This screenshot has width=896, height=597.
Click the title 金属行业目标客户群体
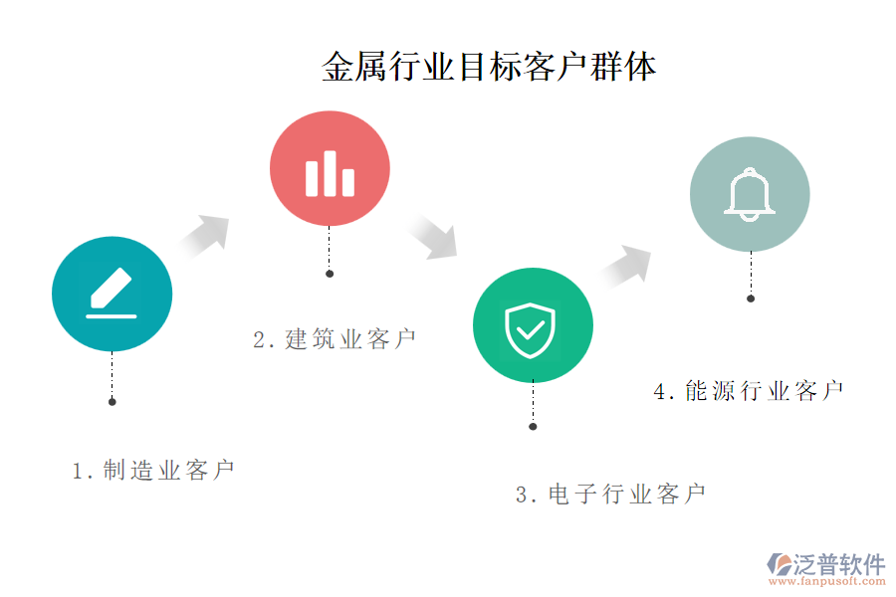[x=489, y=68]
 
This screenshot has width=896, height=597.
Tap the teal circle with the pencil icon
[x=112, y=295]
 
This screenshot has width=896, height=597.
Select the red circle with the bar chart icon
[x=330, y=170]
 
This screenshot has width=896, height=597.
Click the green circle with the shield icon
[x=533, y=324]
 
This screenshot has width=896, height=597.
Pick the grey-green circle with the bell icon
[x=750, y=193]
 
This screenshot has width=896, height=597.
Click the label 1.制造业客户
[x=153, y=471]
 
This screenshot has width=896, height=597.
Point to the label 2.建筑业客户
[x=335, y=339]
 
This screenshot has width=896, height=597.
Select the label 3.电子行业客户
[x=610, y=494]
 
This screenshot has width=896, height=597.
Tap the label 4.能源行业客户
[x=749, y=391]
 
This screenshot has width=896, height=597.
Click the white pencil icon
[x=112, y=293]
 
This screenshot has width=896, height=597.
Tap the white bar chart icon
[x=330, y=175]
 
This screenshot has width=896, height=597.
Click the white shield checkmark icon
[x=531, y=329]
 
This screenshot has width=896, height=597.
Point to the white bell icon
[x=750, y=193]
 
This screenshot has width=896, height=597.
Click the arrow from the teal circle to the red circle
[x=206, y=235]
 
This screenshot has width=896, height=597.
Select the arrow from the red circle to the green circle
[x=433, y=237]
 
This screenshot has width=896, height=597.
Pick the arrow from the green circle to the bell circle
[x=627, y=267]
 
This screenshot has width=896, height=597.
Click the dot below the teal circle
[x=112, y=402]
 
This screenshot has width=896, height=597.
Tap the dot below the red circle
[x=330, y=274]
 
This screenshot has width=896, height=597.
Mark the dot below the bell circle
[x=751, y=298]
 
